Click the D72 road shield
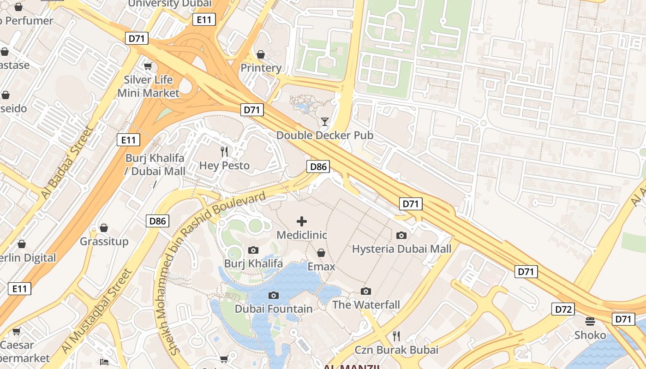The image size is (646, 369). pos(563,309)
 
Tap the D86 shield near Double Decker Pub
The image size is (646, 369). pos(318,167)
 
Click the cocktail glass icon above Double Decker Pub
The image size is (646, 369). pos(325,122)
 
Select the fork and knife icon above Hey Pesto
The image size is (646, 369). pos(224,151)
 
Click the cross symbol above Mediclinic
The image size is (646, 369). pos(302,221)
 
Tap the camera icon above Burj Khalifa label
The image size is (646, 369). pos(253,250)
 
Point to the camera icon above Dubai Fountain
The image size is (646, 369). pos(274,295)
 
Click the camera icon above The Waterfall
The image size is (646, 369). pos(366,291)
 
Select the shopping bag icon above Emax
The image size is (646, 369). pos(321,253)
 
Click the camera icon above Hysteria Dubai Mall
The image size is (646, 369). pos(401,235)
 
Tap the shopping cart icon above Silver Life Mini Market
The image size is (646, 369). pos(148,66)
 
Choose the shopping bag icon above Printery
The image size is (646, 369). pos(261,54)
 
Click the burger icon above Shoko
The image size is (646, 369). pos(590,321)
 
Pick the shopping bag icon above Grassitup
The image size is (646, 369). pos(104,228)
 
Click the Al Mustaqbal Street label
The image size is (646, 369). pos(97,311)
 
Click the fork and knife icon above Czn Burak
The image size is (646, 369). pos(396,335)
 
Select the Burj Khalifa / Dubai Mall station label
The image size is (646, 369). pos(155,165)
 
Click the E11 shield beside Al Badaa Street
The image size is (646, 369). pos(128,140)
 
